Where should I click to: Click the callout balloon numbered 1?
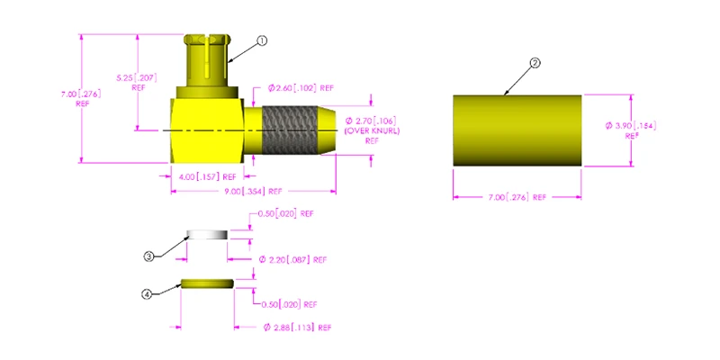(262, 40)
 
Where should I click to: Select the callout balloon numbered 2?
(535, 63)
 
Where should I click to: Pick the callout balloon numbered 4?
(147, 295)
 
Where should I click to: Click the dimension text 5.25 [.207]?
(137, 77)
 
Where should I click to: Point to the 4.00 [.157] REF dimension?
(203, 176)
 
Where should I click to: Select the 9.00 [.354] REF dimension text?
(249, 191)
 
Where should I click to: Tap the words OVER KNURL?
(372, 130)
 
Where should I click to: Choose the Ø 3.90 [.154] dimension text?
(631, 126)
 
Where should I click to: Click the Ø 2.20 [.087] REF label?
(292, 260)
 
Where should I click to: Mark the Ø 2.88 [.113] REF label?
(297, 328)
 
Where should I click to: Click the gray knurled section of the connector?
(290, 130)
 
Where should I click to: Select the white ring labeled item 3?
(207, 235)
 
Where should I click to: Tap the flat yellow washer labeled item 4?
(208, 283)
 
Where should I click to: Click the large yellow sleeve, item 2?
(517, 130)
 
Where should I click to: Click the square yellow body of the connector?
(207, 130)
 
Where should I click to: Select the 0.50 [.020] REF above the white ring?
(285, 214)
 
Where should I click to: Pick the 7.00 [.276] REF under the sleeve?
(517, 197)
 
